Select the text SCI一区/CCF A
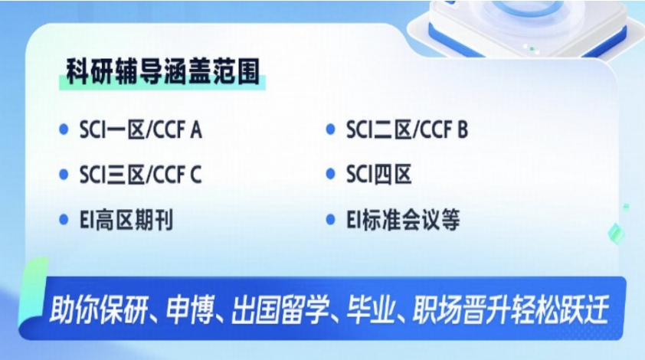click(140, 130)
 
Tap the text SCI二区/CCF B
click(406, 130)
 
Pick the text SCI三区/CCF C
click(140, 175)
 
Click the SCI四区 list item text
click(378, 175)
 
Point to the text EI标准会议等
click(402, 221)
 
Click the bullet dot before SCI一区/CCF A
click(64, 130)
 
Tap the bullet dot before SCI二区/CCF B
click(331, 130)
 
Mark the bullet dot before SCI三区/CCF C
click(64, 175)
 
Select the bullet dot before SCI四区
click(331, 175)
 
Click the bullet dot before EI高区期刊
click(64, 221)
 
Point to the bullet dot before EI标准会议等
click(331, 221)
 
